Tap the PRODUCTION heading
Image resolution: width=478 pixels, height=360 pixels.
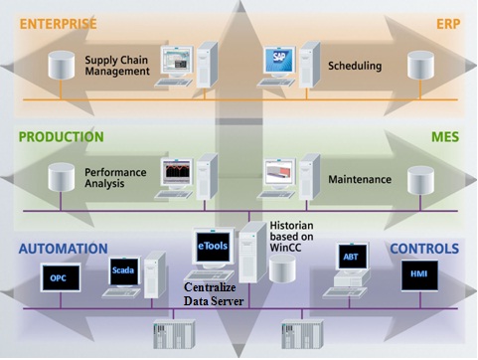(62, 136)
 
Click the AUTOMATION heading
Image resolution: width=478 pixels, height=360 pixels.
(62, 249)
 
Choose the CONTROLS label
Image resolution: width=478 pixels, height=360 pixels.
(424, 249)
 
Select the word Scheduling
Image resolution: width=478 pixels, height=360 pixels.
(355, 67)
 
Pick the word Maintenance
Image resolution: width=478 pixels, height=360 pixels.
(360, 180)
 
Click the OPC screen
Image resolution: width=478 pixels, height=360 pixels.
(58, 277)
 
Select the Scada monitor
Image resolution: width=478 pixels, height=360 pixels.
(124, 270)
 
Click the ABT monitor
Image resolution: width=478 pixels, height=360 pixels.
(352, 257)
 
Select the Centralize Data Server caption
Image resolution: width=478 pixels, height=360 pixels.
(213, 293)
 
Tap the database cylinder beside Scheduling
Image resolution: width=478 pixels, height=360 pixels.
(420, 67)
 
